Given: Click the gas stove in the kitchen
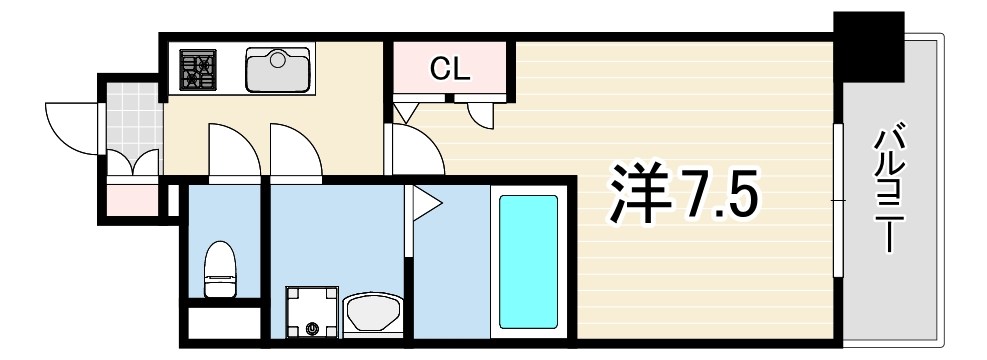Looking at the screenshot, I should (198, 70).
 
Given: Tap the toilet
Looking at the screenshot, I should (219, 269).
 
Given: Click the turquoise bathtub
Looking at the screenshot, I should (528, 261).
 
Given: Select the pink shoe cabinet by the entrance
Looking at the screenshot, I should (130, 200).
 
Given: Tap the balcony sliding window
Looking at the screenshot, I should (838, 200).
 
